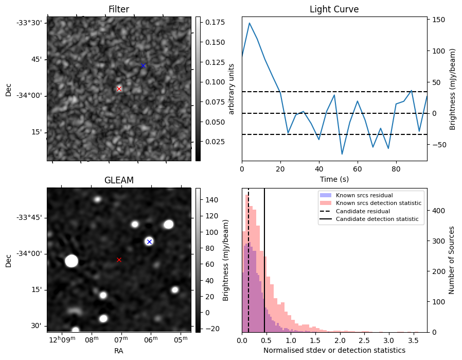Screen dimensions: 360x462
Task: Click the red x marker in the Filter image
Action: click(119, 89)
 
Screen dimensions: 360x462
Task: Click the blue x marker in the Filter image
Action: click(144, 65)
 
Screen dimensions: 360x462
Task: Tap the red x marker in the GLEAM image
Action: click(119, 260)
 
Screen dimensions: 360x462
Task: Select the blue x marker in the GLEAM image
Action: click(149, 242)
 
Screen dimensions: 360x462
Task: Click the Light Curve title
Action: click(334, 9)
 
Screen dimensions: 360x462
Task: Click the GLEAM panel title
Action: click(119, 180)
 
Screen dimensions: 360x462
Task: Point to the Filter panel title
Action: click(119, 9)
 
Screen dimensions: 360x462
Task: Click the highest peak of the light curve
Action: click(250, 23)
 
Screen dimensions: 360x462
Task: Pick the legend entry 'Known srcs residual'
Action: click(364, 195)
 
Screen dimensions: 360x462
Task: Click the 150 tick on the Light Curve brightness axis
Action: click(439, 20)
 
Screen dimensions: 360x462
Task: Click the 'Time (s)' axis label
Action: click(334, 178)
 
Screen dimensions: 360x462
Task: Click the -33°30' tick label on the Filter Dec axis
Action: click(32, 23)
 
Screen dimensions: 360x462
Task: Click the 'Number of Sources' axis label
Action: click(452, 260)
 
